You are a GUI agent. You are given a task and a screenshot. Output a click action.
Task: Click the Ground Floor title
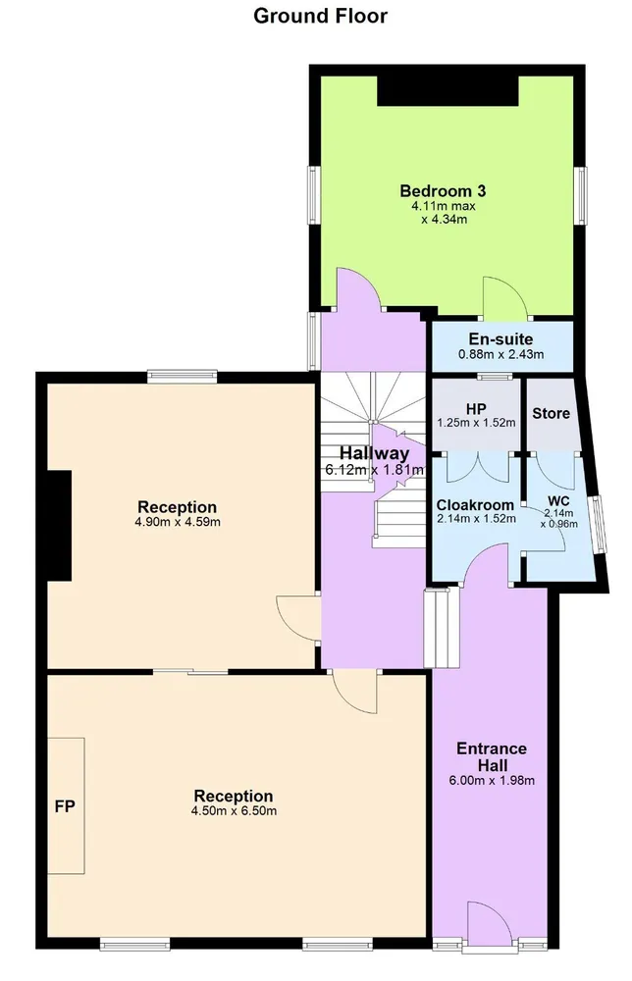tap(320, 16)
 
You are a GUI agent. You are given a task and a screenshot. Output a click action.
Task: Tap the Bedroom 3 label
tap(443, 191)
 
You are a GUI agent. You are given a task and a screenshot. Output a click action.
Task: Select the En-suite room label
tap(500, 339)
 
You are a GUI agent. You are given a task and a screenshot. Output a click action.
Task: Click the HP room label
tap(476, 409)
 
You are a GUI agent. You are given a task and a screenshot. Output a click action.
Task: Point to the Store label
tap(551, 414)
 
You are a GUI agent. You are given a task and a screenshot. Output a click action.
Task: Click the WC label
tap(558, 501)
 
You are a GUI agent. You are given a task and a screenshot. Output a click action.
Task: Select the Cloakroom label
tap(475, 505)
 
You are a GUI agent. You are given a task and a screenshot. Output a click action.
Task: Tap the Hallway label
tap(374, 453)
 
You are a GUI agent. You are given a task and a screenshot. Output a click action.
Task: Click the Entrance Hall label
tap(492, 757)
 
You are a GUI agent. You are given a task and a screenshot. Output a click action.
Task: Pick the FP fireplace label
tap(65, 807)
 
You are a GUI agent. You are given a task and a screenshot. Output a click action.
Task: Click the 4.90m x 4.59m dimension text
tap(178, 522)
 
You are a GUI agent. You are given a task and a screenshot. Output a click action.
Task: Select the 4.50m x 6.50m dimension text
tap(234, 811)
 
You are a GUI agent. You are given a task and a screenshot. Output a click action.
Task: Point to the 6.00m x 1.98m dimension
tap(492, 781)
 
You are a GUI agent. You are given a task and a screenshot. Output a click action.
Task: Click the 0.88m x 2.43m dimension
tap(501, 355)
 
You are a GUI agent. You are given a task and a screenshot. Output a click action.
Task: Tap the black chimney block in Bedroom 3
tap(448, 90)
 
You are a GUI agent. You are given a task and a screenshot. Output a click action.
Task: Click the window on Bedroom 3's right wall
tap(581, 195)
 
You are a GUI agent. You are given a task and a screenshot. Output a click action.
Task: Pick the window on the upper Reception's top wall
tap(183, 377)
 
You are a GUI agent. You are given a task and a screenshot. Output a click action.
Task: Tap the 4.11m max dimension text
tap(443, 206)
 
